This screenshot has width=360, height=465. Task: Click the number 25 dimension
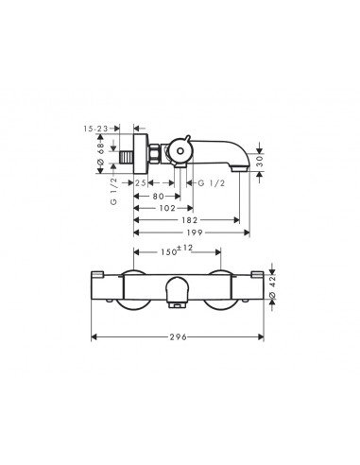click(x=141, y=181)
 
